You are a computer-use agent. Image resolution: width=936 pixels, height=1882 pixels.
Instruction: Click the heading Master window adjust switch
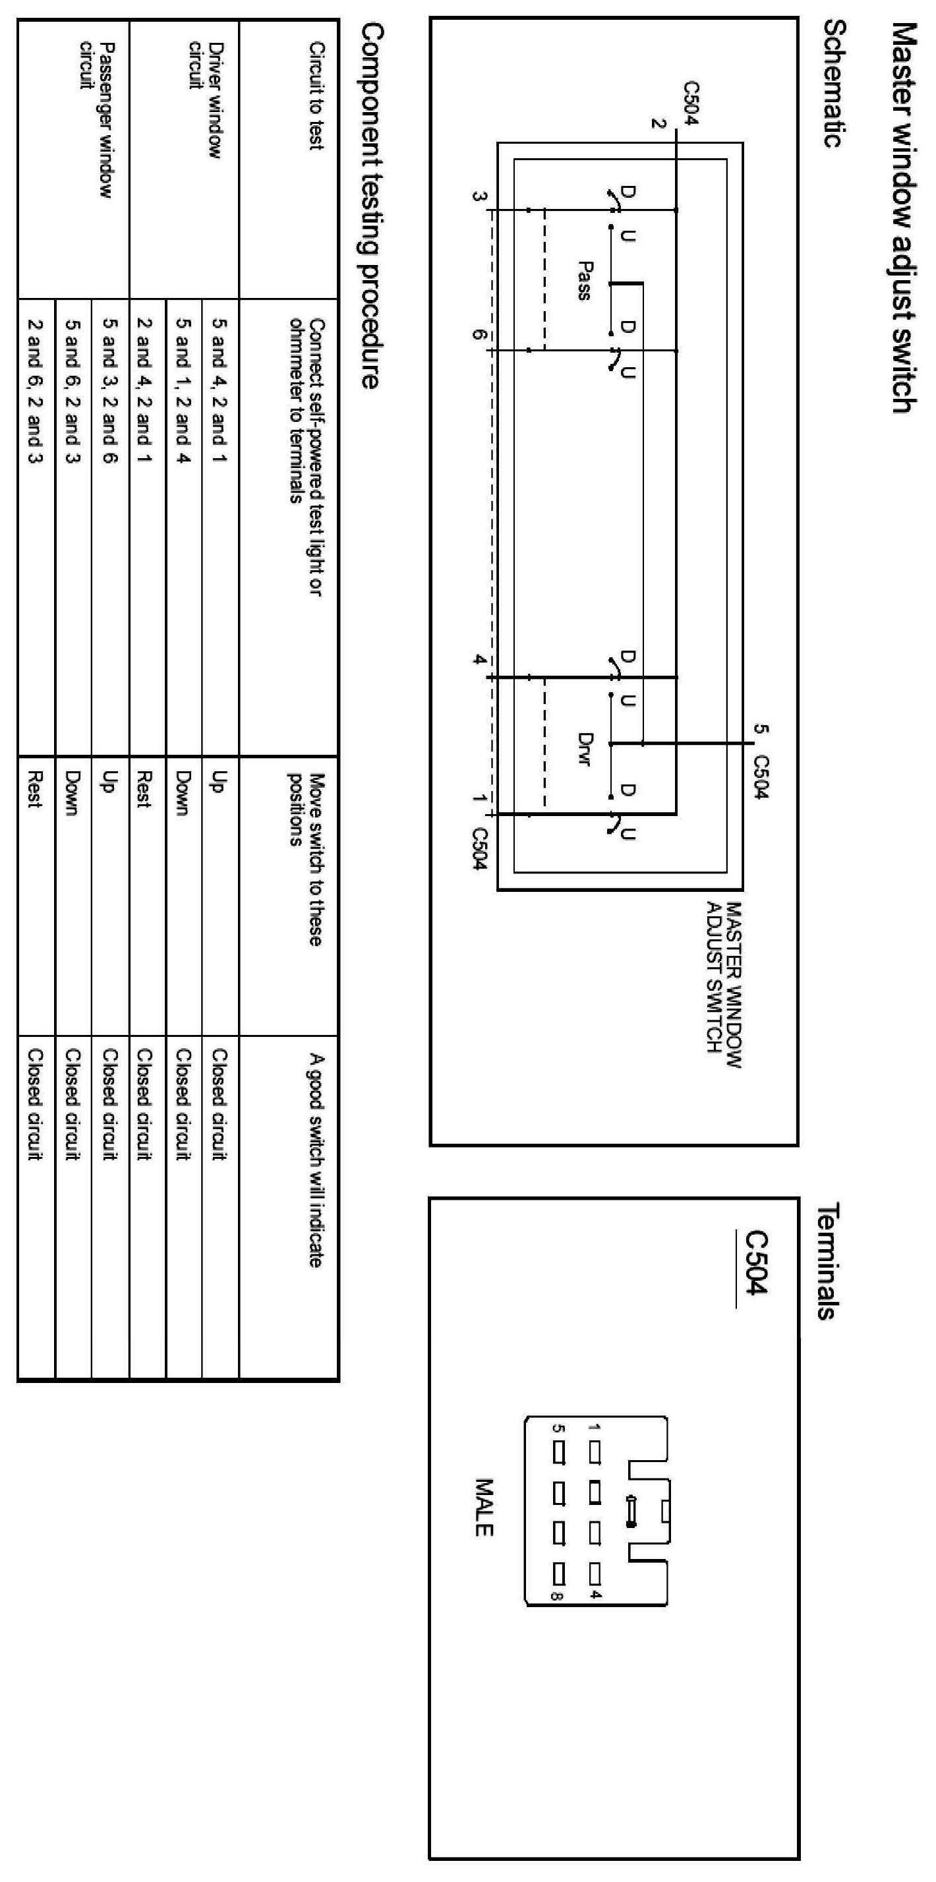[x=904, y=217]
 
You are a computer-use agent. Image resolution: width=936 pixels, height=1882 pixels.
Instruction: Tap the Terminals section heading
[x=825, y=1262]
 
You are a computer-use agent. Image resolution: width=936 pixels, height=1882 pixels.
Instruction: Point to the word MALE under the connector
[x=484, y=1508]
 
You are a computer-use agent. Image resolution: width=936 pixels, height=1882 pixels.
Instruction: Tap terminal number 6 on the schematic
[x=479, y=336]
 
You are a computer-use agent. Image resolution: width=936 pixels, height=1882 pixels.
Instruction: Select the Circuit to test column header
[x=316, y=96]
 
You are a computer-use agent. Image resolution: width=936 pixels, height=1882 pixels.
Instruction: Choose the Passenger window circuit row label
[x=96, y=120]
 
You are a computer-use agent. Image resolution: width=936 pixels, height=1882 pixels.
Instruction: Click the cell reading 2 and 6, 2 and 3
[x=35, y=391]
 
